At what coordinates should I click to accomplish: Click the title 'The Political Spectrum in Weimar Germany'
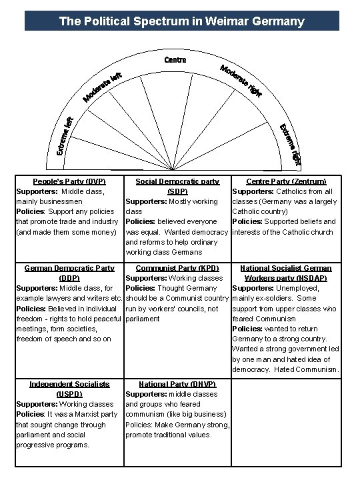(181, 21)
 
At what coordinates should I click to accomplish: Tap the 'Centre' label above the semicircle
(175, 59)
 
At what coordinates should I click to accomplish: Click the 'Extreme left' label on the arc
(65, 136)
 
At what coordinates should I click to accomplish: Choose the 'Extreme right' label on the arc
(289, 143)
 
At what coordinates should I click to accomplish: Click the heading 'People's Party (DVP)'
(69, 181)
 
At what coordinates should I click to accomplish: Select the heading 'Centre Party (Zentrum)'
(286, 181)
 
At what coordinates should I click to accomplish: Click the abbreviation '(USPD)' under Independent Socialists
(69, 393)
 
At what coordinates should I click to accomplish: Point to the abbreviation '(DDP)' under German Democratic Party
(69, 277)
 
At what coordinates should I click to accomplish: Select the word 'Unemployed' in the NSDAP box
(317, 288)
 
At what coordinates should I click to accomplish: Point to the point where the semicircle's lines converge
(174, 172)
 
